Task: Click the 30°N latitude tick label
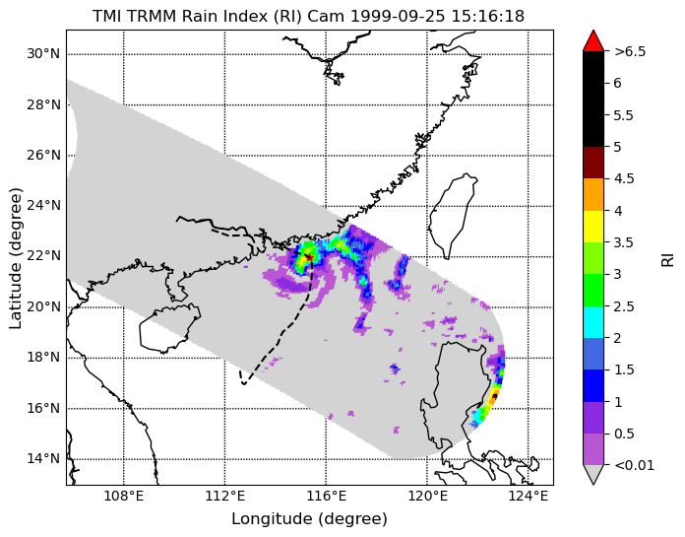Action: coord(43,54)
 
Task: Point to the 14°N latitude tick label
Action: coord(43,459)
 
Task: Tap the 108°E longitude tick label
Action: coord(124,497)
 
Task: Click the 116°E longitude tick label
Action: coord(327,497)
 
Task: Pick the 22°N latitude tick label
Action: coord(43,256)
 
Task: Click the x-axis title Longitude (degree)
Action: coord(309,519)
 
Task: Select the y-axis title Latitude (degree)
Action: coord(16,258)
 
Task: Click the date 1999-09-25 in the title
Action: coord(397,17)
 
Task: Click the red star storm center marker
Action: coord(309,257)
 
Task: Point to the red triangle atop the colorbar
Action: coord(593,41)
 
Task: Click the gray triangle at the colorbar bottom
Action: coord(593,474)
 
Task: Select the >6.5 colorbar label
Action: coord(630,51)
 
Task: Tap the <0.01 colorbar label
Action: coord(635,465)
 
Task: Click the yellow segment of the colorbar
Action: coord(593,227)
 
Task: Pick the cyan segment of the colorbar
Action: coord(593,322)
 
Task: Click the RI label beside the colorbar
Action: coord(668,258)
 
